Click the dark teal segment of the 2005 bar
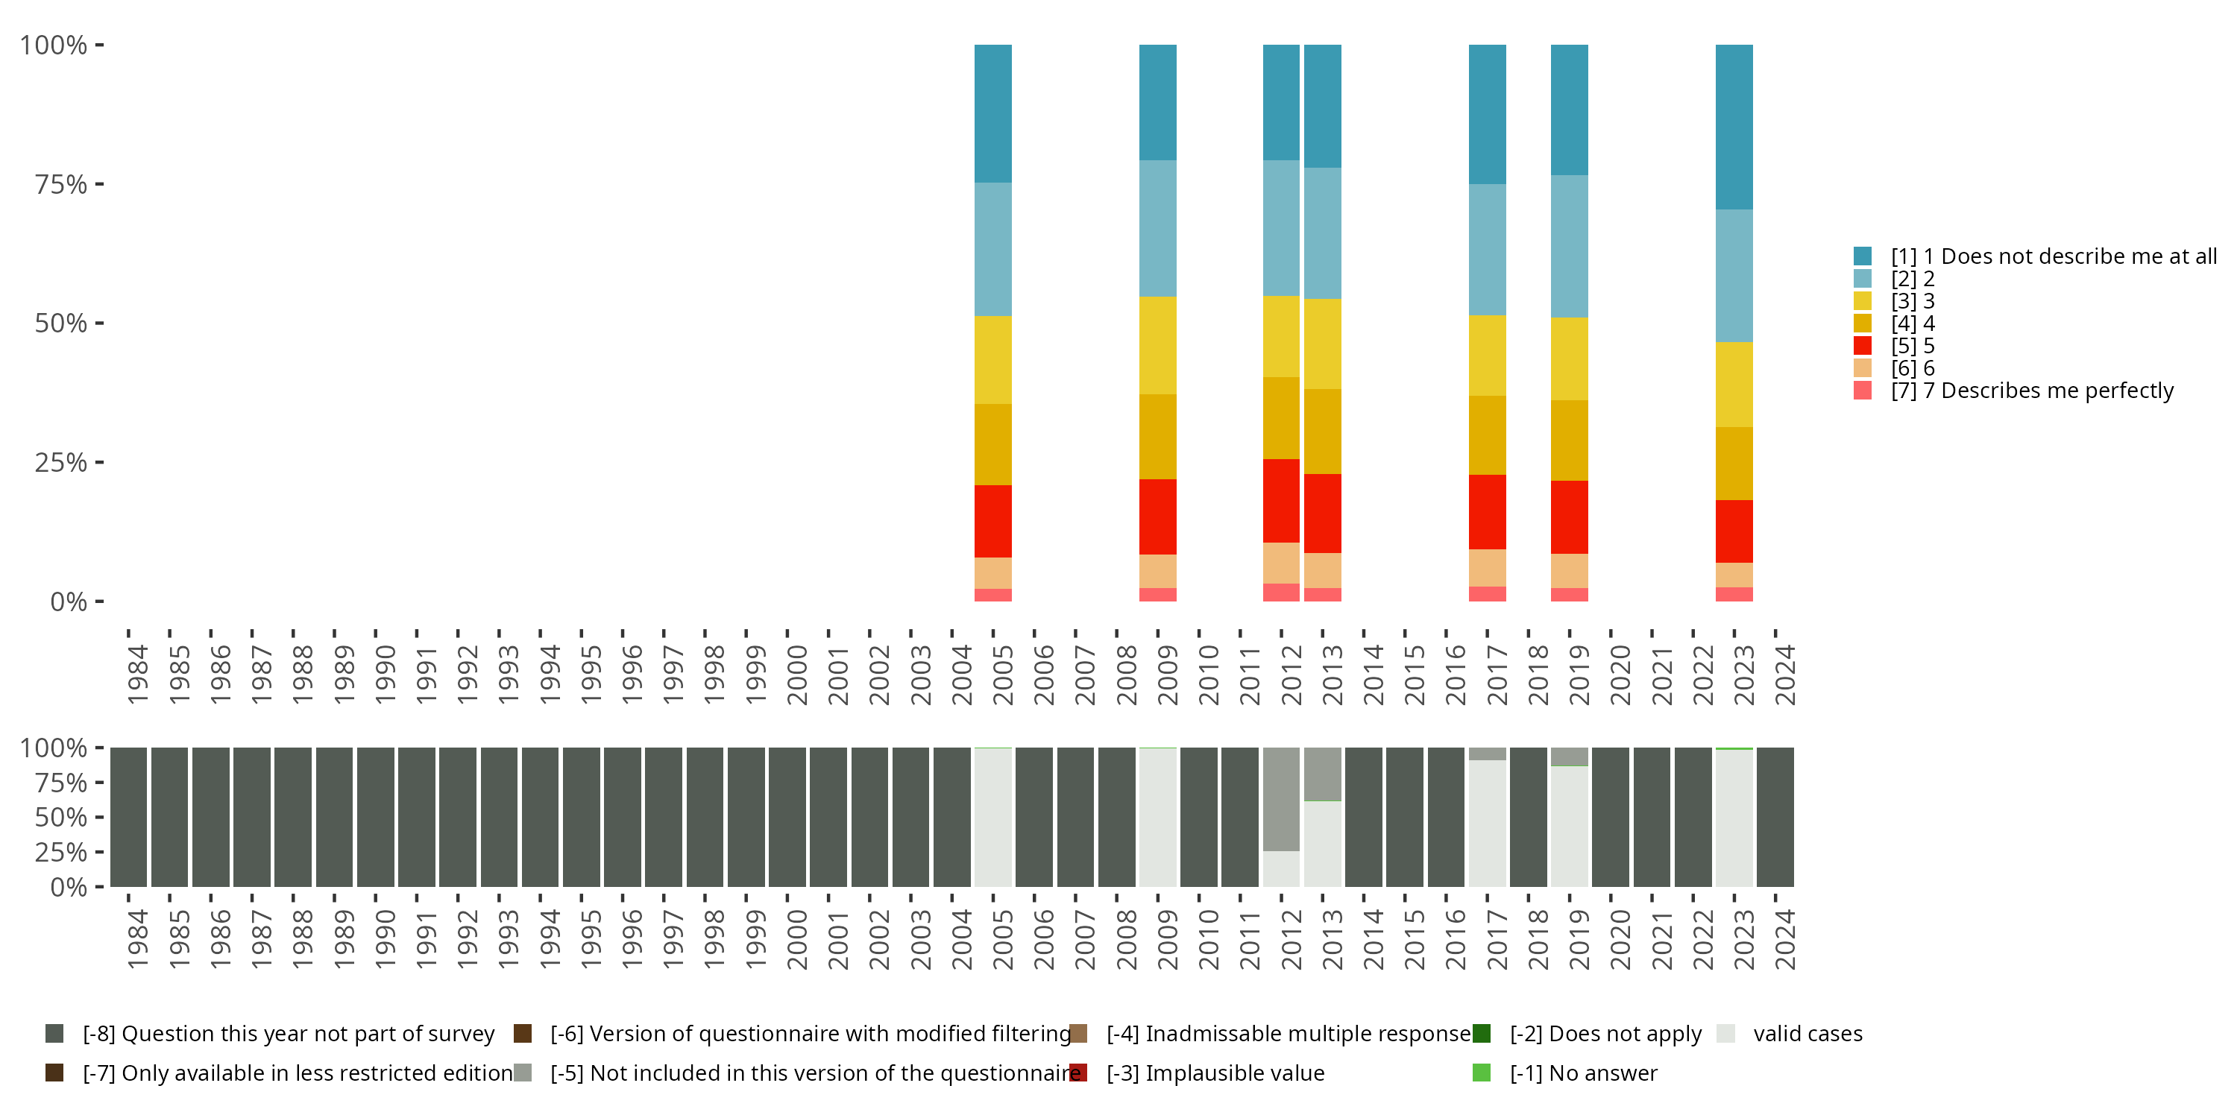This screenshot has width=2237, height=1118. (x=992, y=113)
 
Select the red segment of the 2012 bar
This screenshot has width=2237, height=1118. (x=1281, y=501)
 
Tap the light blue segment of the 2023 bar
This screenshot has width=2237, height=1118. (x=1734, y=275)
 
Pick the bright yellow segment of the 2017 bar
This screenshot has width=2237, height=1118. (x=1487, y=355)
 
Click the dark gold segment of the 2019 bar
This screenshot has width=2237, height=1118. (x=1569, y=440)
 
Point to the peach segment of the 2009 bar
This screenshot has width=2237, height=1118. (x=1157, y=571)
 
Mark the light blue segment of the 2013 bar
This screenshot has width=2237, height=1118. (x=1323, y=233)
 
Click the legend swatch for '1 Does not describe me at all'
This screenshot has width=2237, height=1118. (x=1862, y=256)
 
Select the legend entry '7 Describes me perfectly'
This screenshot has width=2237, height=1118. (x=2032, y=391)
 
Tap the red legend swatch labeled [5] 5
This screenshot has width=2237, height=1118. (x=1862, y=346)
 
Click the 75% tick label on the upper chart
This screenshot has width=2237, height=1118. (x=61, y=184)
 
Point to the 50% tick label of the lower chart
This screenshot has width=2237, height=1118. (x=61, y=818)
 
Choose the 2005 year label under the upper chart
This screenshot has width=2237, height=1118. (x=1003, y=675)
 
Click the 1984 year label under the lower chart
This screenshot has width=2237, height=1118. (x=138, y=939)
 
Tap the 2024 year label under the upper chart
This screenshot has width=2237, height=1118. (x=1784, y=675)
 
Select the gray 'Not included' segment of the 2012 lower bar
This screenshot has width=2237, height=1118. (x=1281, y=798)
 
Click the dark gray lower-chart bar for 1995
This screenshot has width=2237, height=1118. (x=581, y=817)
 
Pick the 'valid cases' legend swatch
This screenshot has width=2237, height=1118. (x=1725, y=1034)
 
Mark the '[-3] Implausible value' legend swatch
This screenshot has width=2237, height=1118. (x=1078, y=1073)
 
